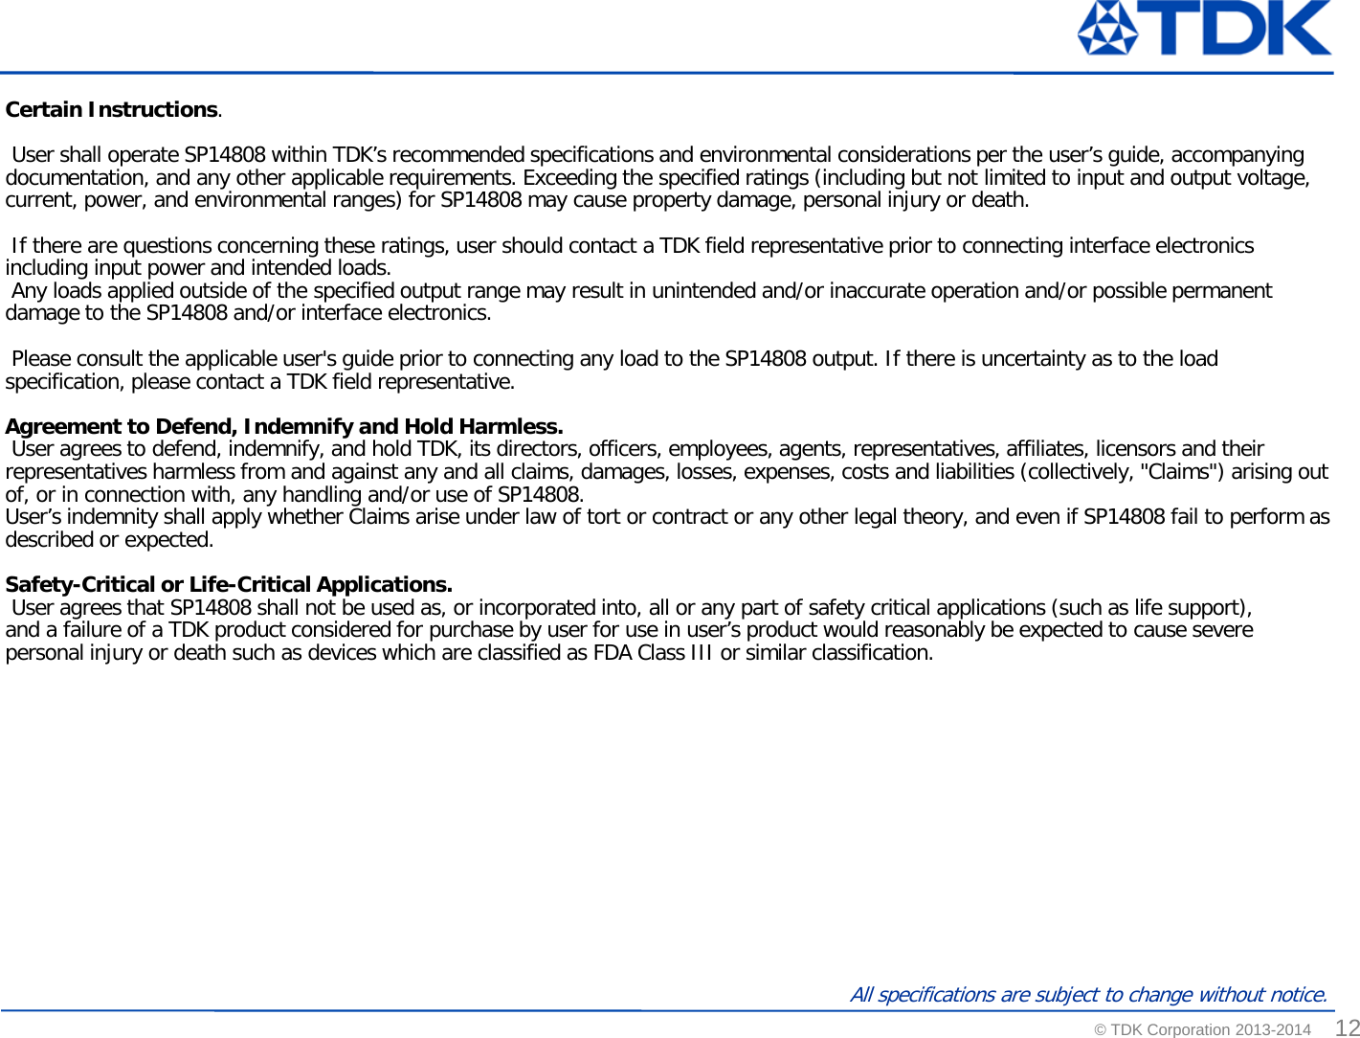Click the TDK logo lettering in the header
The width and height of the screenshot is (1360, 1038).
click(x=1240, y=29)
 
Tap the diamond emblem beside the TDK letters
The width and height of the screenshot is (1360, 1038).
click(x=1108, y=29)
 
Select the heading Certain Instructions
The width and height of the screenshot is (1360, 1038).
click(x=112, y=110)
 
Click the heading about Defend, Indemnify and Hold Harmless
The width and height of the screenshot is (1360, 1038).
click(x=284, y=427)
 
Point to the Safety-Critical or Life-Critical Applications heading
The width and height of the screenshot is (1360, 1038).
click(x=229, y=585)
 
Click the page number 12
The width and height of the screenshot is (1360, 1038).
click(x=1348, y=1027)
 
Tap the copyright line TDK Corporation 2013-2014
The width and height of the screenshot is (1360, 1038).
click(x=1202, y=1030)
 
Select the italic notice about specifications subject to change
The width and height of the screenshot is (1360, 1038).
click(x=1088, y=995)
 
